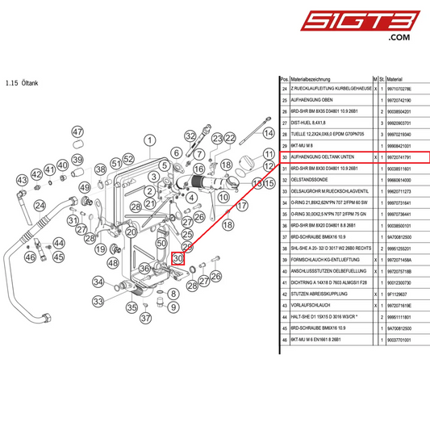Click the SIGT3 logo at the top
pos(377,22)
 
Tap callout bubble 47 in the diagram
pos(77,132)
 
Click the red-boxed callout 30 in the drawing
pos(178,259)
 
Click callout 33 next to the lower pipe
pos(98,301)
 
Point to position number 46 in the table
pos(284,342)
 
